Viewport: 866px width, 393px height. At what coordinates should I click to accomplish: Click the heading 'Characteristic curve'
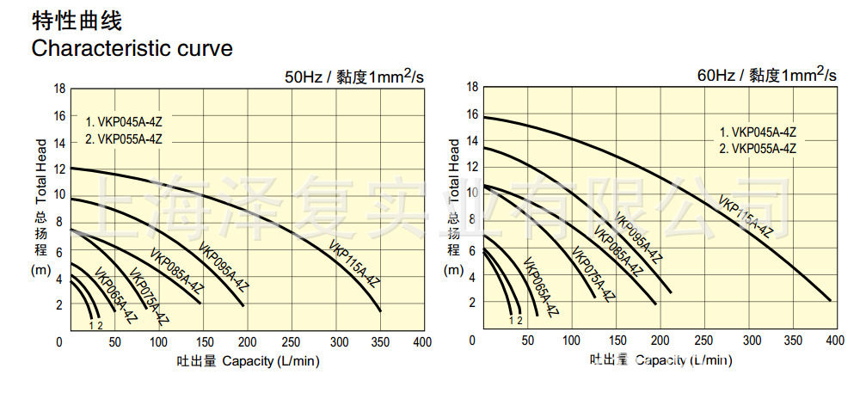[x=132, y=47]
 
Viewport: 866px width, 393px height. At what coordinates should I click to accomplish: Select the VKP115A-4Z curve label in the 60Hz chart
[x=746, y=215]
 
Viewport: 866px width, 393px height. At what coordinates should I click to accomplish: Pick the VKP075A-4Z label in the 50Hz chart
[x=149, y=298]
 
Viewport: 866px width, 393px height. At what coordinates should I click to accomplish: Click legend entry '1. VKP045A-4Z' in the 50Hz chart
[x=124, y=120]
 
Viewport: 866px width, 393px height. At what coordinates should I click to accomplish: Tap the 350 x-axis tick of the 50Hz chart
[x=378, y=342]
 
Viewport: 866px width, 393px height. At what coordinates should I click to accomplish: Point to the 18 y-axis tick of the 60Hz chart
[x=471, y=86]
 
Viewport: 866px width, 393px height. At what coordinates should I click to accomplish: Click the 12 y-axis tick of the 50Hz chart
[x=59, y=169]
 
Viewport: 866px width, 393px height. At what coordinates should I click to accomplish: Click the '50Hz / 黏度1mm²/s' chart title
[x=355, y=77]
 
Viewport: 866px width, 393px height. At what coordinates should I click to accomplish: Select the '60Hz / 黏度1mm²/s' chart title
[x=766, y=74]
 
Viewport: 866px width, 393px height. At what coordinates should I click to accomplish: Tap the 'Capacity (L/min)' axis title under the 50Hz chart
[x=270, y=360]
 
